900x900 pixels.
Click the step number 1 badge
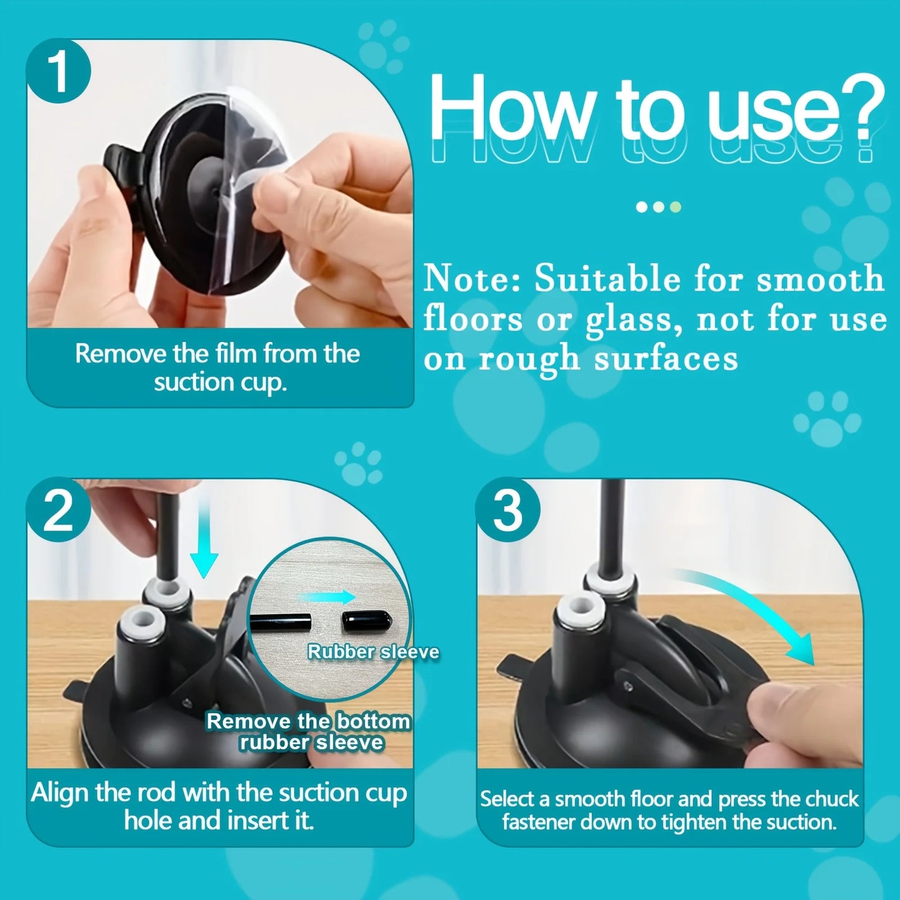[x=59, y=72]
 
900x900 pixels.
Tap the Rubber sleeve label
[x=374, y=652]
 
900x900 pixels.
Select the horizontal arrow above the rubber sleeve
[x=327, y=597]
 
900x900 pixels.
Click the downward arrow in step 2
[x=204, y=548]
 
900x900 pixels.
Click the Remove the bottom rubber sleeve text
[x=310, y=732]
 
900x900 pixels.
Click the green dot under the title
[x=675, y=207]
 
